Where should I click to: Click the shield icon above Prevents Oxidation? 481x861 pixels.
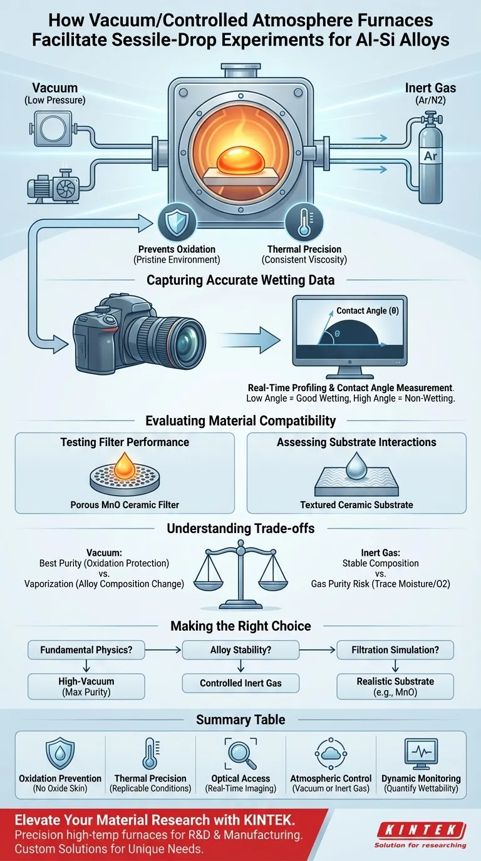pos(172,221)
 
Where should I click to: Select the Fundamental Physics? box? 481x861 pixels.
pos(86,650)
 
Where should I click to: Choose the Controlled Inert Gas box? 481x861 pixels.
pos(240,683)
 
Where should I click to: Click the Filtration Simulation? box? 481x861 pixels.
pos(395,650)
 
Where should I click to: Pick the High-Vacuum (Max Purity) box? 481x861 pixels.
pos(86,686)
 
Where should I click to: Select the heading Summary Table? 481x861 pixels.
pos(240,720)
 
